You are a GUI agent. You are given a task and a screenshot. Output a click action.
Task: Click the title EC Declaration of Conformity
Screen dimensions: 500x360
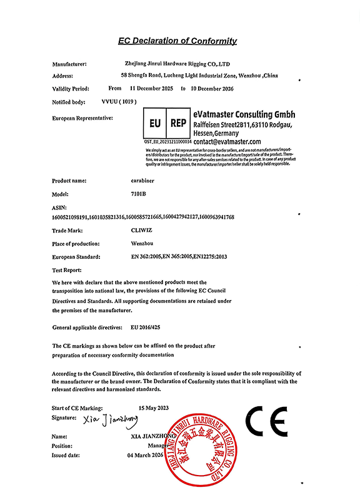pyautogui.click(x=177, y=41)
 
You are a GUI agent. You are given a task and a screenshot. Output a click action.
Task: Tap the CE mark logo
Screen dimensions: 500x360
pyautogui.click(x=267, y=423)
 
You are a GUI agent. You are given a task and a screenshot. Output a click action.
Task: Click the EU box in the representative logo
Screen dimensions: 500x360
pyautogui.click(x=156, y=124)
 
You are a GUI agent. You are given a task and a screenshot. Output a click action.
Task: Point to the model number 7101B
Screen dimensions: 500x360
pyautogui.click(x=131, y=194)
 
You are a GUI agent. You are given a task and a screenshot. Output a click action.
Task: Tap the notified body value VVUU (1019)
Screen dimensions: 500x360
pyautogui.click(x=119, y=101)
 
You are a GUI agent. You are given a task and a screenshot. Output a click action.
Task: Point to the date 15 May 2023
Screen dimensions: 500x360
pyautogui.click(x=153, y=407)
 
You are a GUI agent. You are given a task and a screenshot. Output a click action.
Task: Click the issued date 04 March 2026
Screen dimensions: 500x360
pyautogui.click(x=145, y=456)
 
